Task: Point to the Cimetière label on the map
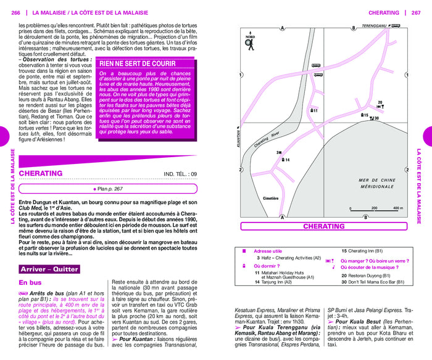click(x=271, y=198)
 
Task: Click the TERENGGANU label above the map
click(x=376, y=27)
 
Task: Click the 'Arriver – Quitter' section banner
click(x=49, y=269)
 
